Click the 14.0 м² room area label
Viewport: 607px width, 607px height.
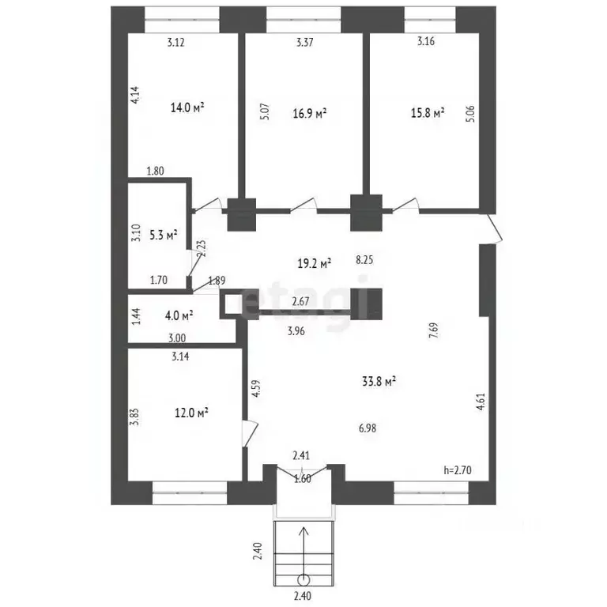[x=187, y=107]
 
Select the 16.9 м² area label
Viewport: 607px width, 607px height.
[x=309, y=114]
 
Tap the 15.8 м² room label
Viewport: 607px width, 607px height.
[x=428, y=113]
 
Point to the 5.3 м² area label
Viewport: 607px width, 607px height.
[x=164, y=235]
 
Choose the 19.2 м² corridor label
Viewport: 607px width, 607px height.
[x=314, y=264]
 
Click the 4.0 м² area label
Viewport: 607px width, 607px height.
[x=179, y=315]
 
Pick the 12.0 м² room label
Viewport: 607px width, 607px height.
[x=191, y=413]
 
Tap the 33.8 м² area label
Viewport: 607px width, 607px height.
[x=379, y=382]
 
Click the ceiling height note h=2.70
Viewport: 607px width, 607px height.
[x=457, y=470]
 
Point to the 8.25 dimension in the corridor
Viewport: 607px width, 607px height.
[x=364, y=259]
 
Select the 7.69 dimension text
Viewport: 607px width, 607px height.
[x=434, y=330]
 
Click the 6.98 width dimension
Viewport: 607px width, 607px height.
[x=368, y=428]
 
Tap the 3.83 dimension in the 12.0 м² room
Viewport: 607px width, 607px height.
[x=134, y=417]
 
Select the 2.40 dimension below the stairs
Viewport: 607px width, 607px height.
[x=303, y=595]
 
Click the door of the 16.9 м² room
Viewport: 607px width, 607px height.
[x=303, y=205]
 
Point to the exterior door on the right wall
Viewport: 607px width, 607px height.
[x=494, y=228]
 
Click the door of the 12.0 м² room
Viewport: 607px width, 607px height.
[x=250, y=434]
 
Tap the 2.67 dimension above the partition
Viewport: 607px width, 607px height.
[x=300, y=301]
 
